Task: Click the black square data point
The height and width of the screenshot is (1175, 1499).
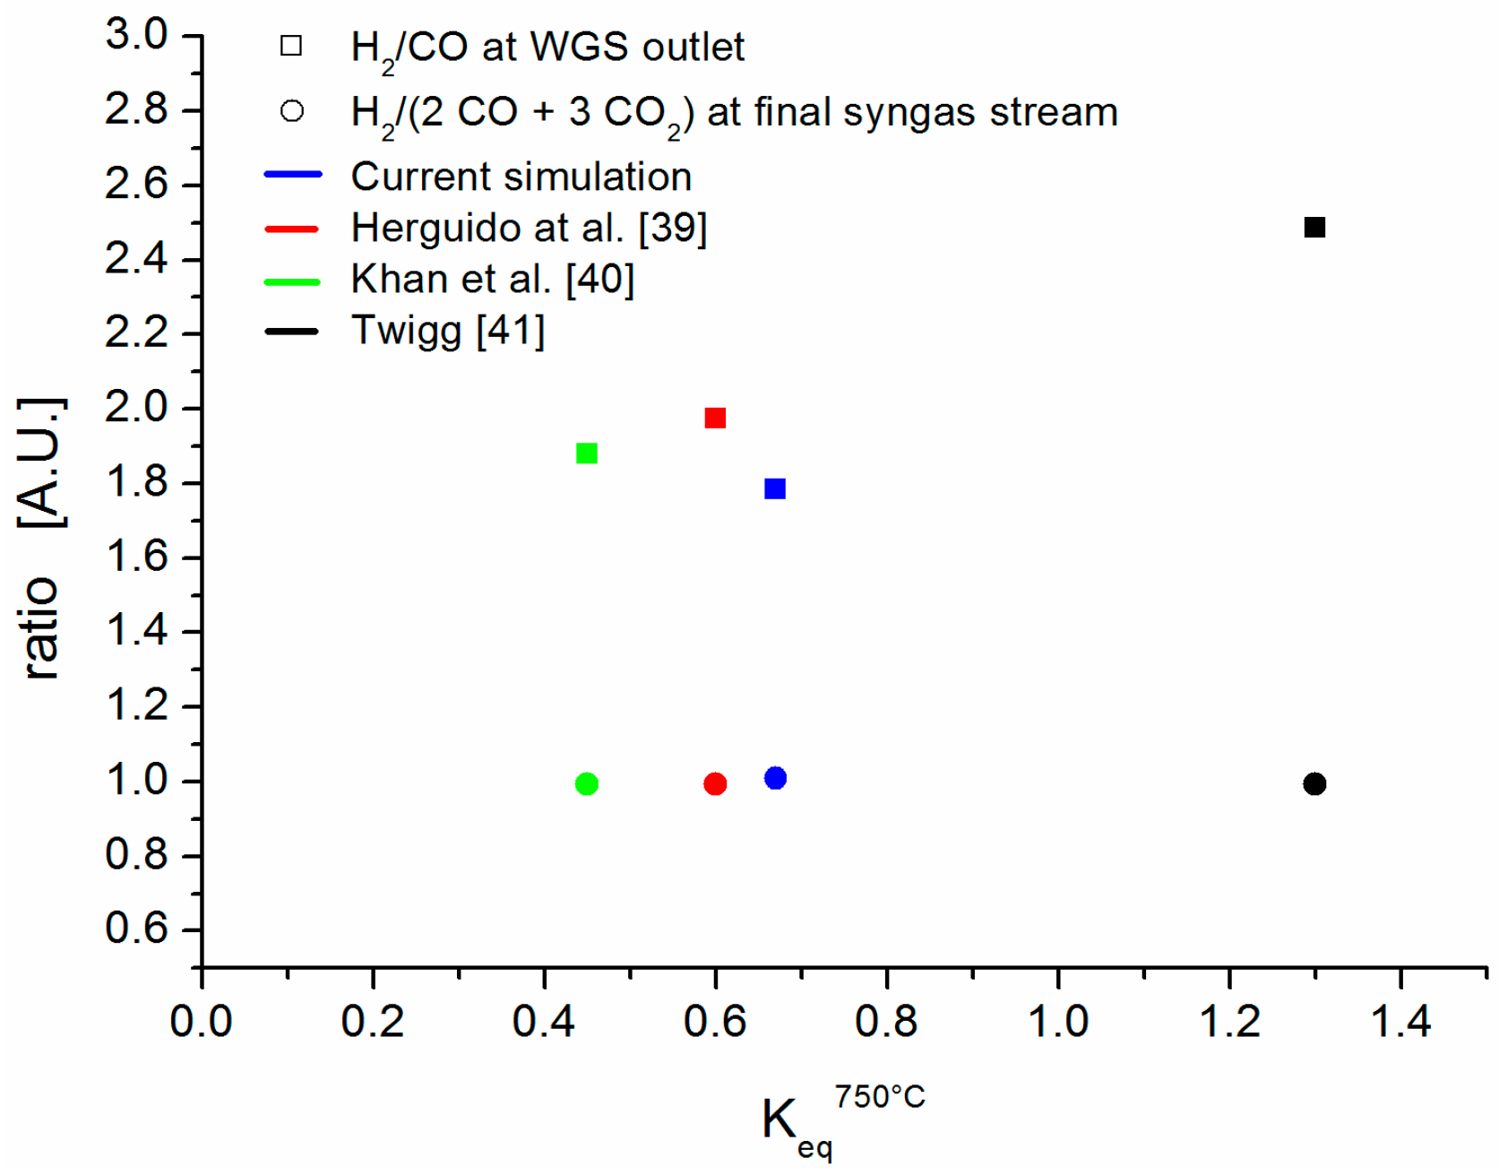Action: click(x=1314, y=228)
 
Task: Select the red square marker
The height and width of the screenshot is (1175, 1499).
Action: click(x=714, y=419)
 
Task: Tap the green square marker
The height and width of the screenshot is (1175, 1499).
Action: click(x=586, y=454)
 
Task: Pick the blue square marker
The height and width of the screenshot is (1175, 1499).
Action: click(x=775, y=488)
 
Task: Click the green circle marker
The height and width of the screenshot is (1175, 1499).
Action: click(x=586, y=784)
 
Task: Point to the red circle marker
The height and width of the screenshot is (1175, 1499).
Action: click(x=715, y=784)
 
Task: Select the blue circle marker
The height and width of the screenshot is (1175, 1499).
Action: click(x=775, y=778)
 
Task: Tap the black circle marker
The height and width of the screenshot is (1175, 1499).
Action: click(x=1314, y=784)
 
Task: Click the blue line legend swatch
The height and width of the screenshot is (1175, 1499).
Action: click(x=292, y=175)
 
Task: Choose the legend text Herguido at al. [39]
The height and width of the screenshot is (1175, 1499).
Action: click(x=529, y=228)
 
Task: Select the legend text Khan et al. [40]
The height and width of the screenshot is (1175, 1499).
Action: click(x=492, y=279)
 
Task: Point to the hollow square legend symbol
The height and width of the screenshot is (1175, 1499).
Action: click(x=291, y=46)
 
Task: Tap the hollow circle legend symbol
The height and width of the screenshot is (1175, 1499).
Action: click(x=291, y=111)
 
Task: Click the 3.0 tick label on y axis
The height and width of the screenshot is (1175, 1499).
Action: click(x=136, y=36)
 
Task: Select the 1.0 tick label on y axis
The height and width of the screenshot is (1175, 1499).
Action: click(x=136, y=781)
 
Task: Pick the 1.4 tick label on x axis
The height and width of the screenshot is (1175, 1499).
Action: click(x=1400, y=1022)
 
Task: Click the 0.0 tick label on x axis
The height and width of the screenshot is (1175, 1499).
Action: click(x=202, y=1022)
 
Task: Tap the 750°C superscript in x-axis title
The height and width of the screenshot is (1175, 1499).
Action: click(x=879, y=1097)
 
